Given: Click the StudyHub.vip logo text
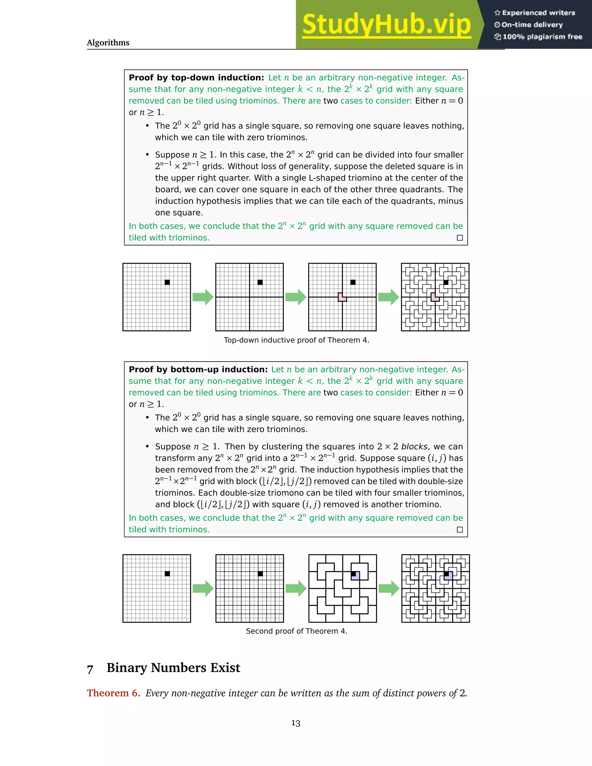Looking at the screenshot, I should [386, 25].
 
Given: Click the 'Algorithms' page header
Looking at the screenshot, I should [108, 43].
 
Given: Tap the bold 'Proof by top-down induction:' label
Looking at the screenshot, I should [196, 77].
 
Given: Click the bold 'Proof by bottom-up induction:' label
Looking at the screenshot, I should [198, 369].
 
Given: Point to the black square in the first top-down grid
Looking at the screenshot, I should [167, 282].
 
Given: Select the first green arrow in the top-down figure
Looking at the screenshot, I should [203, 297].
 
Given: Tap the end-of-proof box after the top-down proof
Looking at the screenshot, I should [460, 238].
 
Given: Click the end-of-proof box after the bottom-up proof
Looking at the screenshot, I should [460, 530].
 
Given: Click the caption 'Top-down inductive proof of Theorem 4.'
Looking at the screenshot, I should [296, 340].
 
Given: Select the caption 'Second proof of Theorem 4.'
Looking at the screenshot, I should [296, 631].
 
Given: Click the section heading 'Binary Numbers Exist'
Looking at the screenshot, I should [173, 668].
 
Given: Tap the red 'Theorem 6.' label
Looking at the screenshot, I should [113, 693].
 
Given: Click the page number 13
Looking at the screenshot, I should [296, 723].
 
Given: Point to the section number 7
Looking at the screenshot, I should [90, 669].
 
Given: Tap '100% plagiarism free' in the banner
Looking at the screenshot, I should [542, 37].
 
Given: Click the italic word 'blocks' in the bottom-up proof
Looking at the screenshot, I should [414, 447].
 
